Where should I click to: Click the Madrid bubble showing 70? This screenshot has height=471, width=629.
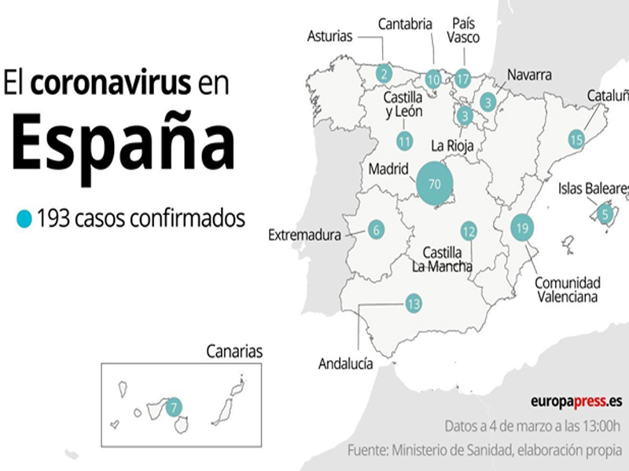point(434,184)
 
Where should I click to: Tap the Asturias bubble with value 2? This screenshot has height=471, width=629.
point(384,75)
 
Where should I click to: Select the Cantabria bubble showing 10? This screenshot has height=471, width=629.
point(433,78)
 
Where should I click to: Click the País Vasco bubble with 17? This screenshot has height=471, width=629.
point(462,78)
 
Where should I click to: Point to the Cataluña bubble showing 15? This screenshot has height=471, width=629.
point(577,141)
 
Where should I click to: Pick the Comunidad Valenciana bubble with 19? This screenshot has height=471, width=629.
point(522,228)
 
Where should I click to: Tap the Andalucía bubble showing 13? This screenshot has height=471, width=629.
point(414,304)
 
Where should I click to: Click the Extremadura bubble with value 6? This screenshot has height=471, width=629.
point(377,230)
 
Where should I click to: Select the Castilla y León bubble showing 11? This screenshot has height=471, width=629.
point(405,142)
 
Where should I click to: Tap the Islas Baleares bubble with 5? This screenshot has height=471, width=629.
point(605,213)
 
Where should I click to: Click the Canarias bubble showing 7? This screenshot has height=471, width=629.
point(174,407)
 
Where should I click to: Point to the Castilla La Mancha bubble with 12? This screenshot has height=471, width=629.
point(469,231)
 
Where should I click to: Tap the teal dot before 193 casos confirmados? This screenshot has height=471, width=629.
point(24,218)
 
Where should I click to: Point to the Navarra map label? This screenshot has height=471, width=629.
point(528,75)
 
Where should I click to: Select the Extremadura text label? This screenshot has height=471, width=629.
point(304,235)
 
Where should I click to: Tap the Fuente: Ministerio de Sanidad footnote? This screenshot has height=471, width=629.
point(484,451)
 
